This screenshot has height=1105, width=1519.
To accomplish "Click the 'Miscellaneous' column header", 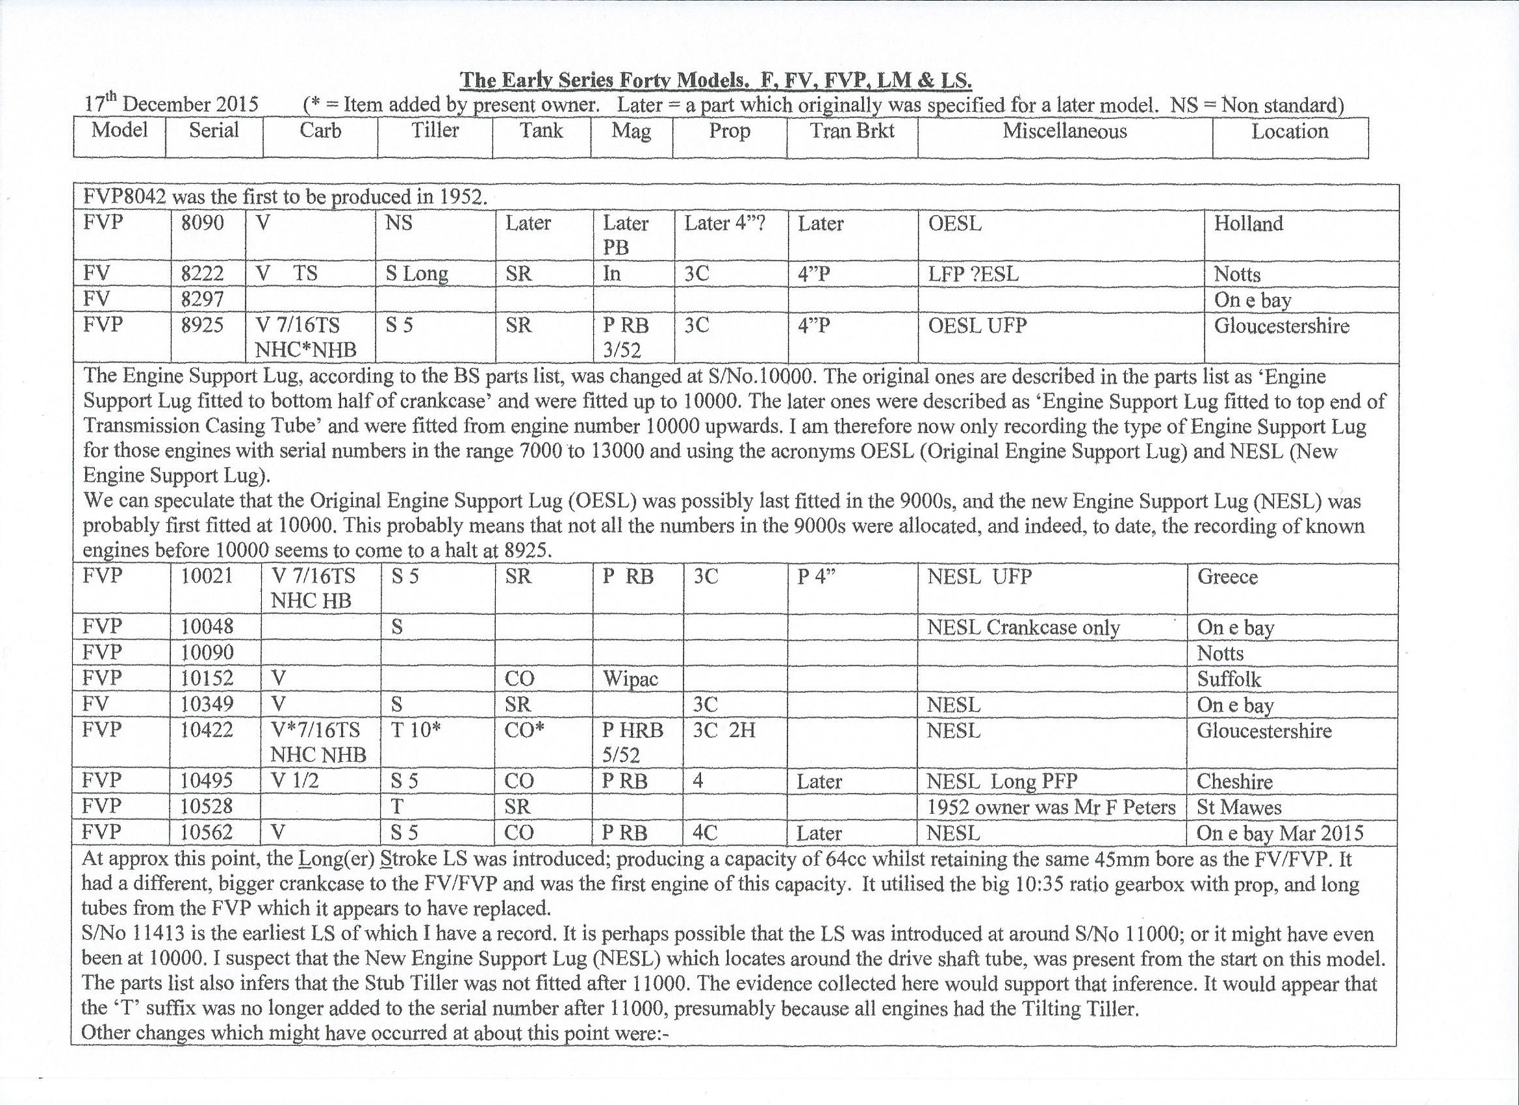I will coord(1064,131).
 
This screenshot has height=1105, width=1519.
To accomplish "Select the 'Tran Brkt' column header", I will coord(852,131).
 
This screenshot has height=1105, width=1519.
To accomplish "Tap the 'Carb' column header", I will coord(320,131).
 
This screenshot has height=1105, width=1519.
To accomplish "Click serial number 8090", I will coord(202,223).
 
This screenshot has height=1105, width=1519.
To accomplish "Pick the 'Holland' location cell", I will coord(1249,223).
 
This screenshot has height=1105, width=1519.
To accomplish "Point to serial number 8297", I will coord(202,300).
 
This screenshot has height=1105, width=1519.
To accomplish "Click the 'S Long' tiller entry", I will coord(416,274).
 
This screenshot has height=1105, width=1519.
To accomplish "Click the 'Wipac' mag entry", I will coord(630,679).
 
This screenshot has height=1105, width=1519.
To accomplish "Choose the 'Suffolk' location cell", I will coord(1229,679).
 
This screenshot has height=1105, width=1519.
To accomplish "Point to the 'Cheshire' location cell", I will coord(1234,781).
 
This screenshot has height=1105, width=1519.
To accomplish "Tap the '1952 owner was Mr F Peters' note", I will coord(1051,807).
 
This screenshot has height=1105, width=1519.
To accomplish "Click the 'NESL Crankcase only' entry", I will coord(1023,628).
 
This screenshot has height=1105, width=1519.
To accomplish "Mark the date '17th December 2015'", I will coord(172,105).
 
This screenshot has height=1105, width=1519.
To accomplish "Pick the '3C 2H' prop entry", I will coord(723,730).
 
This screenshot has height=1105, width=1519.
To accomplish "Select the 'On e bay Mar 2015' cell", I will coord(1280,833).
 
